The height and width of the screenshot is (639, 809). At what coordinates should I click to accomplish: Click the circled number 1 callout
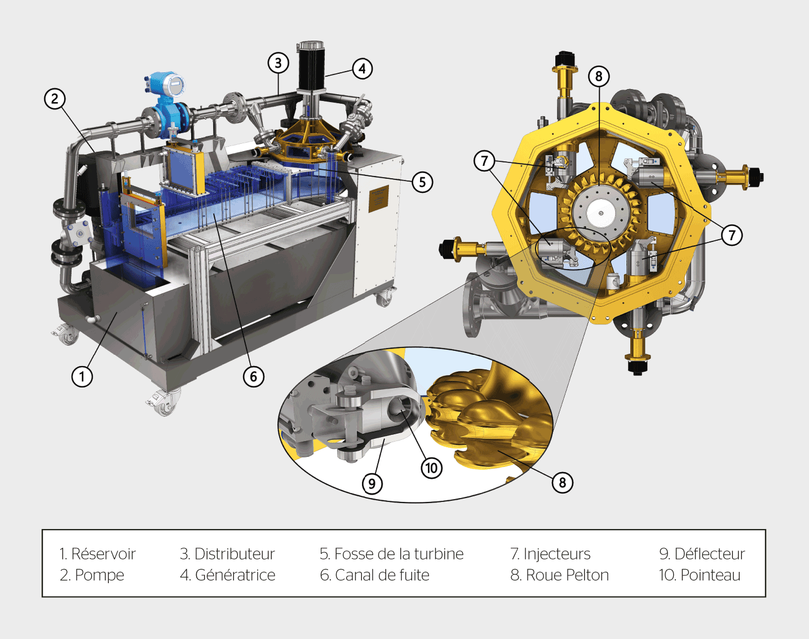tap(82, 376)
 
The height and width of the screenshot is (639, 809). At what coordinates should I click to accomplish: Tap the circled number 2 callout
tap(55, 99)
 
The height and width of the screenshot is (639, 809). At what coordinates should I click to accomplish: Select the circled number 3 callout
tap(278, 63)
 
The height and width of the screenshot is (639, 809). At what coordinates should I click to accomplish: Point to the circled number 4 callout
tap(362, 69)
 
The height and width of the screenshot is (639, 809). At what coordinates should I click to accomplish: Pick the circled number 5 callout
tap(422, 182)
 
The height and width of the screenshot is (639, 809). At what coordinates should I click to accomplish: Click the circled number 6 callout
tap(253, 376)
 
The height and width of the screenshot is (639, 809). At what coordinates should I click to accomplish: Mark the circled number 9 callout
tap(372, 483)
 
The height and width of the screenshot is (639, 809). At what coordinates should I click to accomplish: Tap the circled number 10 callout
tap(431, 468)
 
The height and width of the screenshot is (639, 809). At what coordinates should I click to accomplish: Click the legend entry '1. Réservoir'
tap(98, 554)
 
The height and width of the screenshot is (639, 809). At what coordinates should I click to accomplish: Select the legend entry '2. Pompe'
tap(92, 575)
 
